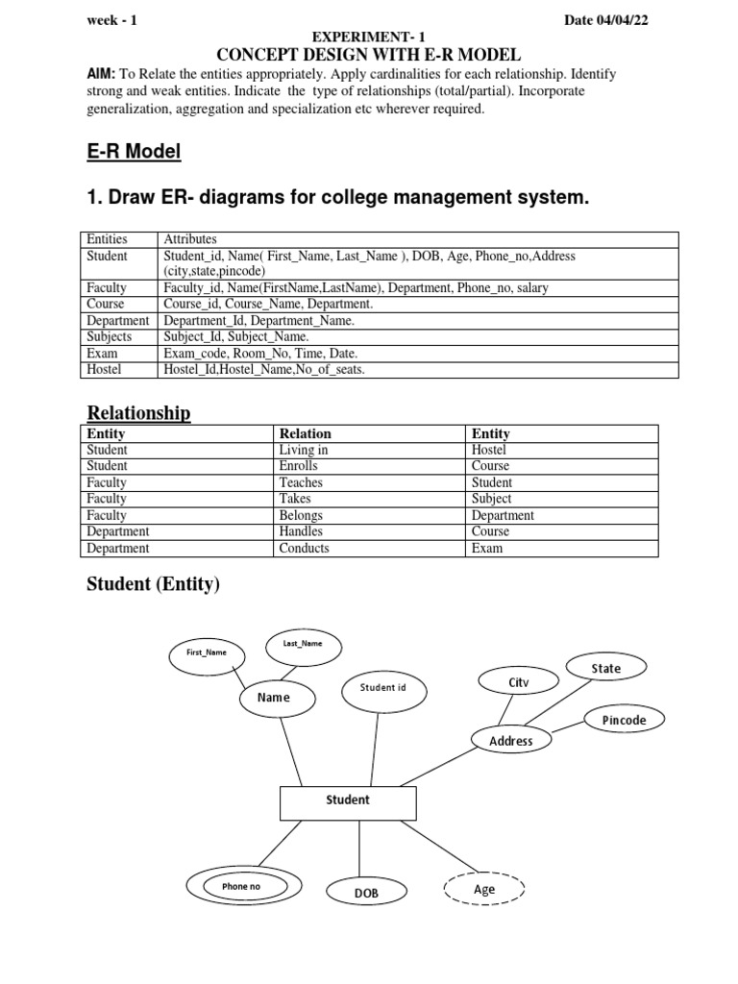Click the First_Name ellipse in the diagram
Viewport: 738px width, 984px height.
206,652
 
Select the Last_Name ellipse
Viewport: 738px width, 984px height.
303,644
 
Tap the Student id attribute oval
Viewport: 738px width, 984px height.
382,688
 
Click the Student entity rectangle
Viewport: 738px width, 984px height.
348,800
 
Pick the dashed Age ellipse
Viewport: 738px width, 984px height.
484,890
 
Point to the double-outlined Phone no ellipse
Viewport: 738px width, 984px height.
241,887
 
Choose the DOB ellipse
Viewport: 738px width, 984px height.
366,893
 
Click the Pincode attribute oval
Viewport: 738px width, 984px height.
624,720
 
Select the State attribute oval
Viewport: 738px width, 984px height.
605,668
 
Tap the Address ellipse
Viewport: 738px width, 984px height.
510,741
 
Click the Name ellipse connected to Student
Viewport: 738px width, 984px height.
274,698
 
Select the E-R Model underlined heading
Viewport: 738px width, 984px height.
134,152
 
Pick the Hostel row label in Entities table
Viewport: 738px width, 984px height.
103,369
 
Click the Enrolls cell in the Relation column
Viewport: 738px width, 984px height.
299,466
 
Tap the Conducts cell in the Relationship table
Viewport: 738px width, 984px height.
304,548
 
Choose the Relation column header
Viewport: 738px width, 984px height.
305,433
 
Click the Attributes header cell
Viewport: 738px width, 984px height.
190,239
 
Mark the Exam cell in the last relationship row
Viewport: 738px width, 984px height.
486,548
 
